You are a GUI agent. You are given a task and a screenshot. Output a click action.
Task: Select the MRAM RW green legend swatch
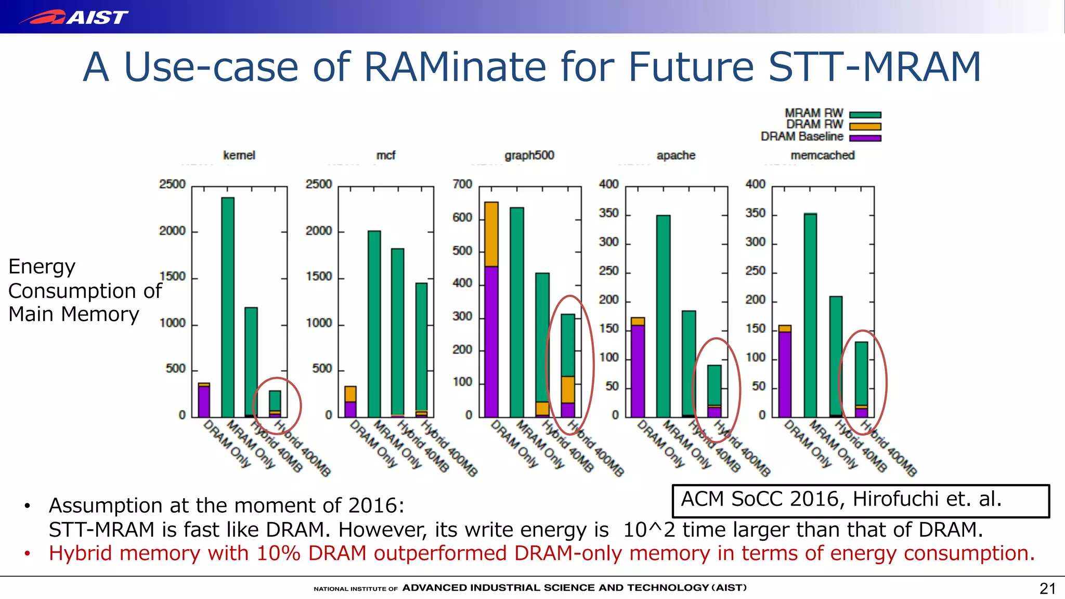click(865, 115)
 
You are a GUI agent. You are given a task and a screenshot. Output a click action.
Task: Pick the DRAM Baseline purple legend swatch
click(865, 138)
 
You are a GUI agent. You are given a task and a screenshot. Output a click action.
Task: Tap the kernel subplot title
click(239, 155)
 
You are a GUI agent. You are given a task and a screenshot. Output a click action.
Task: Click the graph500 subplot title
click(529, 155)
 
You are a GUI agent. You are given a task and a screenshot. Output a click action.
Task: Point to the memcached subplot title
click(822, 155)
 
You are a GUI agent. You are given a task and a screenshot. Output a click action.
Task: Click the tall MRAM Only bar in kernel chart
click(228, 307)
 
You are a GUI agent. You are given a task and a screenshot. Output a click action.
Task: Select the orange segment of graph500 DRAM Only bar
click(491, 234)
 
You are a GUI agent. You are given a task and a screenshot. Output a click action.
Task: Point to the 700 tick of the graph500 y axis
click(462, 184)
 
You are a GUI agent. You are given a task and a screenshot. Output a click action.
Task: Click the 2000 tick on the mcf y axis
click(319, 231)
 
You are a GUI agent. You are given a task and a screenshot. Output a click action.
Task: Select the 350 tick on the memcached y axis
click(755, 213)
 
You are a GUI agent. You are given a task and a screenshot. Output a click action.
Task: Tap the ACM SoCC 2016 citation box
click(861, 500)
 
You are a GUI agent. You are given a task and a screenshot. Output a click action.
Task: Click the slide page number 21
click(1047, 589)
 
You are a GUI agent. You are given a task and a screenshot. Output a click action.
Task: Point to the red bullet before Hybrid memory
click(27, 554)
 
